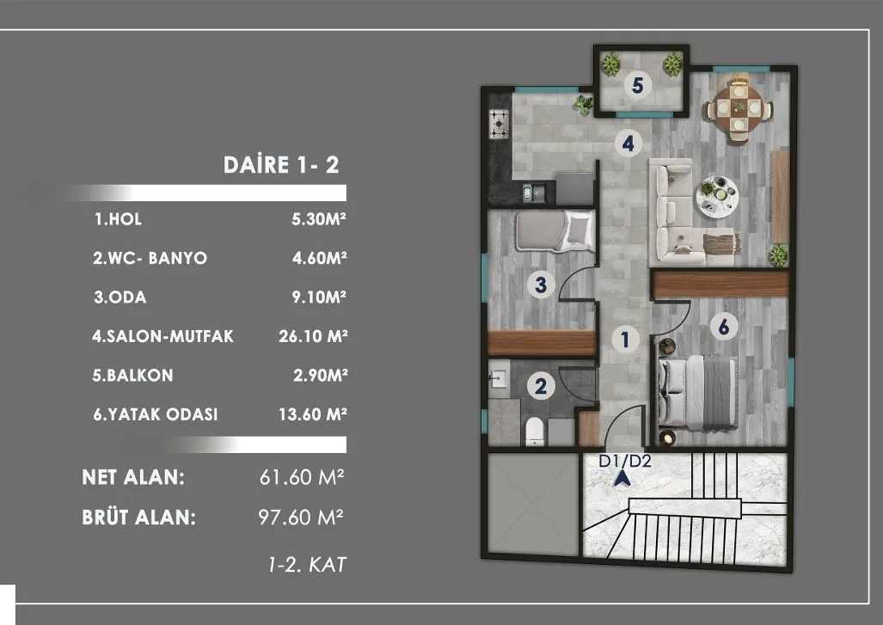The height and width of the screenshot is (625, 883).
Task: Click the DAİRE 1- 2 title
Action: (x=281, y=164)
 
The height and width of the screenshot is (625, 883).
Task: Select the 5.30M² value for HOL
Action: (x=319, y=218)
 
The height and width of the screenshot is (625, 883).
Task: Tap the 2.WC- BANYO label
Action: (x=150, y=258)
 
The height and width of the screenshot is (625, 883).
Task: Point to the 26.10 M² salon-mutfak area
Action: (x=313, y=336)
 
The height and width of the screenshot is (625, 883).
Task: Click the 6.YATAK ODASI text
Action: (x=156, y=414)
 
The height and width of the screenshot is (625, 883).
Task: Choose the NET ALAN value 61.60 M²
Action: (x=302, y=477)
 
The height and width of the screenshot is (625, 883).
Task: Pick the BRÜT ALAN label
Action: (x=139, y=517)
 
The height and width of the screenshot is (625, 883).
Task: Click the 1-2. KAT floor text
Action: (x=308, y=564)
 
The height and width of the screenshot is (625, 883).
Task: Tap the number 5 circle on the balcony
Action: (x=637, y=85)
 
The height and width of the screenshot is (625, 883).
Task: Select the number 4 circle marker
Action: (x=628, y=144)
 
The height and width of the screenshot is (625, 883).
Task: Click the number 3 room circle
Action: (x=541, y=285)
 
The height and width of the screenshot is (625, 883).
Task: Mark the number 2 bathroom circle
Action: (x=541, y=386)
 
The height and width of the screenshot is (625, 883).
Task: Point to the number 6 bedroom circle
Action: (x=724, y=327)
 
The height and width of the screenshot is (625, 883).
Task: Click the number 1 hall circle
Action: (x=624, y=340)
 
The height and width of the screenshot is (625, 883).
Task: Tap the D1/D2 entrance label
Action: (x=624, y=461)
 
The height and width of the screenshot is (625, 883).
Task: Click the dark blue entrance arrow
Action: (x=622, y=478)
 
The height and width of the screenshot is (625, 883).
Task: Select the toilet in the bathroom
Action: (x=535, y=432)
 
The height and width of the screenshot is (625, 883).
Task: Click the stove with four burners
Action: (x=499, y=124)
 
